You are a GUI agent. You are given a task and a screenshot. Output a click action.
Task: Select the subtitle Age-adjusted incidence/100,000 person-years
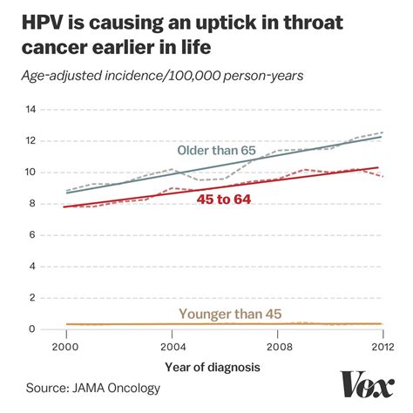(x=164, y=76)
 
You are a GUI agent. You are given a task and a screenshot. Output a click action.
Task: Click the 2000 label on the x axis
(x=66, y=346)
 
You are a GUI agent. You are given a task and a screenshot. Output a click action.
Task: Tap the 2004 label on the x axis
(x=172, y=346)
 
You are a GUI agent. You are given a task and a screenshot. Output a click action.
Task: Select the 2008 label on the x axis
(x=277, y=346)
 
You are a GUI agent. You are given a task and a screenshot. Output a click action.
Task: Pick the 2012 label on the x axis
(x=381, y=346)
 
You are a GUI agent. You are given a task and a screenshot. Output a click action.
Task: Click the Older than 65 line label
(x=217, y=152)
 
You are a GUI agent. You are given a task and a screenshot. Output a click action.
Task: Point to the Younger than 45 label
(x=230, y=314)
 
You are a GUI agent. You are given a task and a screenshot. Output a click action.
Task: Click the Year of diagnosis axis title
(x=213, y=367)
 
